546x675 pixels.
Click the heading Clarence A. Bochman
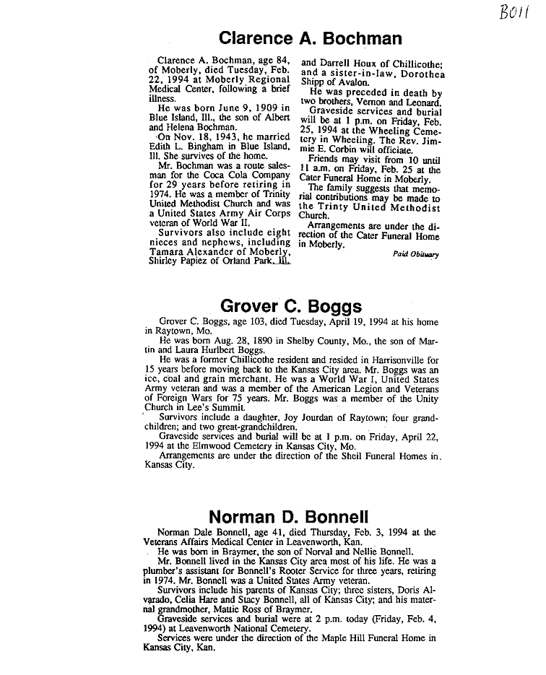(x=310, y=38)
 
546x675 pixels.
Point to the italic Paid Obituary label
(x=415, y=254)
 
